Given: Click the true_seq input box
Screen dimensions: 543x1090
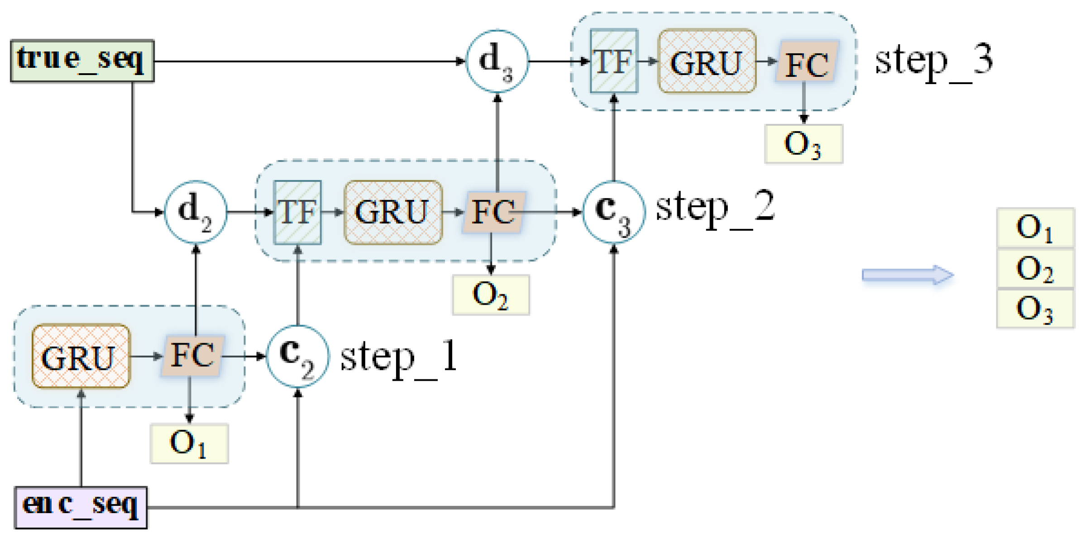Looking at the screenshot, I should click(x=82, y=61).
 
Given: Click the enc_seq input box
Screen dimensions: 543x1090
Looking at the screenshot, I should click(x=81, y=507).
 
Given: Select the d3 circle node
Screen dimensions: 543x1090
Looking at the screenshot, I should click(x=497, y=61).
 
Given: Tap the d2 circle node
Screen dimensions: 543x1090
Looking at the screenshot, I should click(x=196, y=212).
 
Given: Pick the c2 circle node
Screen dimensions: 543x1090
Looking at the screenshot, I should click(x=297, y=356).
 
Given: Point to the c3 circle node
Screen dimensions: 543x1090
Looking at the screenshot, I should click(x=614, y=212).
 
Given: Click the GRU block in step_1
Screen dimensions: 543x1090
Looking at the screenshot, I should click(x=81, y=356).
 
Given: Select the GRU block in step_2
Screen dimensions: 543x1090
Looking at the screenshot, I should click(x=393, y=212).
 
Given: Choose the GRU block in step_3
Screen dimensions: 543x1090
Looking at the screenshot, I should click(x=707, y=61).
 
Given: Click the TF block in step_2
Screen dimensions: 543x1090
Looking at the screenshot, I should click(x=297, y=212).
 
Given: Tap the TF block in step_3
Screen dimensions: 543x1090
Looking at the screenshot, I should click(x=614, y=61).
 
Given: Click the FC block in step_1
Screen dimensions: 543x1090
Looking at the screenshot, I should click(x=193, y=356).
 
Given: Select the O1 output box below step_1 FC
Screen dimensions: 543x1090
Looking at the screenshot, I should click(x=189, y=443).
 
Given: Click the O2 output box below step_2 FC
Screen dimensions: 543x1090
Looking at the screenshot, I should click(x=491, y=295).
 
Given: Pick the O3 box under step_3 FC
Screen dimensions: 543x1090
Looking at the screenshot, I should click(x=803, y=144).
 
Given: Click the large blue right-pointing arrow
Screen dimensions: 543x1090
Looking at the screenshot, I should click(x=907, y=275).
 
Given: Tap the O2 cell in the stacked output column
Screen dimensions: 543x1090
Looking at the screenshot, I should click(x=1035, y=269).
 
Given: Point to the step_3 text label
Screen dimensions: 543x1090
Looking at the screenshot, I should click(x=933, y=61).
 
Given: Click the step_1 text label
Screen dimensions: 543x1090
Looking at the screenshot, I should click(x=398, y=357).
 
